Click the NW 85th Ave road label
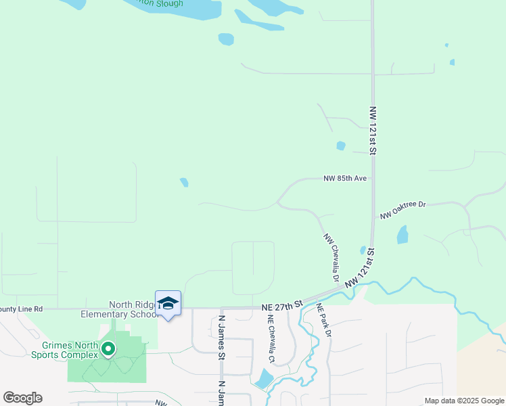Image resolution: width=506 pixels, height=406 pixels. click(345, 179)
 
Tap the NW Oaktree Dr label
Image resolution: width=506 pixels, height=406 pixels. click(403, 210)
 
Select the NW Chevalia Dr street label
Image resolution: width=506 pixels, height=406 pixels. click(331, 258)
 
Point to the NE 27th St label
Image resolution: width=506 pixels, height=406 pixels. click(281, 307)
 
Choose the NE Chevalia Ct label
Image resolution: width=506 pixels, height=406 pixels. click(271, 339)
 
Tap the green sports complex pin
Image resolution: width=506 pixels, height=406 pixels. click(107, 349)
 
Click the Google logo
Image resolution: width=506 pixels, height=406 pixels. click(22, 398)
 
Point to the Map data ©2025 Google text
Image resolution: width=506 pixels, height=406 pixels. click(464, 401)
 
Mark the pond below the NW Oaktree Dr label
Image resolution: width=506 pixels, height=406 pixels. click(402, 235)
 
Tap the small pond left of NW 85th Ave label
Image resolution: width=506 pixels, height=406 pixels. click(184, 182)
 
